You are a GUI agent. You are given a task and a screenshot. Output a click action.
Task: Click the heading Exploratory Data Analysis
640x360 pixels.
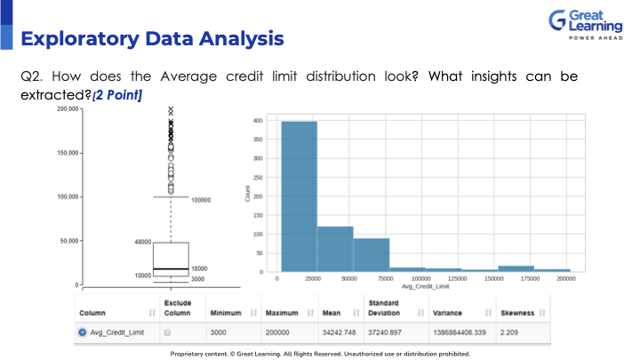[x=152, y=39]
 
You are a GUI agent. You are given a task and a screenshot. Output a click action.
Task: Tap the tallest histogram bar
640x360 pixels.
[x=299, y=196]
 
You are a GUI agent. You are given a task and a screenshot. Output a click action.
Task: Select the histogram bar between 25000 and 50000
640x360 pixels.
[x=335, y=249]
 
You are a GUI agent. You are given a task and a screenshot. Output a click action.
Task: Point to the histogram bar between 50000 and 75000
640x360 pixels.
[x=372, y=254]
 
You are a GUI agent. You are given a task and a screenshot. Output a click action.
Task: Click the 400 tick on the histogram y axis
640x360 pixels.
[x=256, y=121]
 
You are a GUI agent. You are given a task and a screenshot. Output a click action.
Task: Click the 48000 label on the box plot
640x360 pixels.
[x=141, y=242]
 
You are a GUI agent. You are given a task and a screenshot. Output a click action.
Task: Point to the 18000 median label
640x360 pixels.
[x=200, y=268]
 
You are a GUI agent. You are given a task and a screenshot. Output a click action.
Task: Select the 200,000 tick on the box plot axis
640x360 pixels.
[x=67, y=109]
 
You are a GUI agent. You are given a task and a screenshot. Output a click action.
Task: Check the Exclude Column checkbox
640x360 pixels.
[x=167, y=332]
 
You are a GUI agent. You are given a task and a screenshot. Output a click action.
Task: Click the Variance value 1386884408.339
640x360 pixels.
[x=461, y=332]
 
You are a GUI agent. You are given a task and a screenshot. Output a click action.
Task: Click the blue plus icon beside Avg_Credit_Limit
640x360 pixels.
[x=83, y=332]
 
